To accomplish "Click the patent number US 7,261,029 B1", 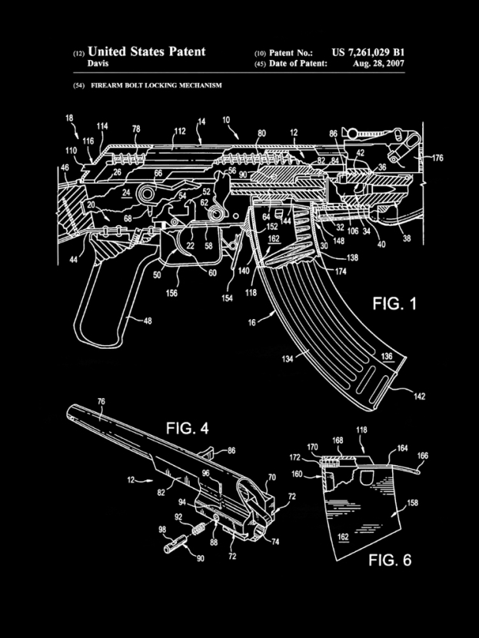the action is point(368,52).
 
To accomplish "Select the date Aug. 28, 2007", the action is point(378,64).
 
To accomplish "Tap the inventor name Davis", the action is point(98,64).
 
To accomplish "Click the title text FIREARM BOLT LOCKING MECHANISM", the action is point(156,85).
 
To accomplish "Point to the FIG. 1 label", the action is point(394,304).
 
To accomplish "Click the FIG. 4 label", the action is point(187,428).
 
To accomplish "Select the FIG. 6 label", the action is point(390,560).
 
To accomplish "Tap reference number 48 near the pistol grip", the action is point(148,321).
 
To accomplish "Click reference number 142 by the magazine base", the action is point(419,396).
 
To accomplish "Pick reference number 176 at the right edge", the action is point(437,158).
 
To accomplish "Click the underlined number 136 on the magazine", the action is point(387,357).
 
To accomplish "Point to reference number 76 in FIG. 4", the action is point(101,401).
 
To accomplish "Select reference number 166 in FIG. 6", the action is point(423,456).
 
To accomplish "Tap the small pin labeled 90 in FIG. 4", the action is point(175,544).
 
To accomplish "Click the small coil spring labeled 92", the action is point(198,529).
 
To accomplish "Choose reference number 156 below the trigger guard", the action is point(171,293).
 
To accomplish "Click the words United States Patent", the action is point(147,52).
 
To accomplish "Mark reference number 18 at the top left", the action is point(69,118).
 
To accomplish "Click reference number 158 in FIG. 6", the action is point(412,503).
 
